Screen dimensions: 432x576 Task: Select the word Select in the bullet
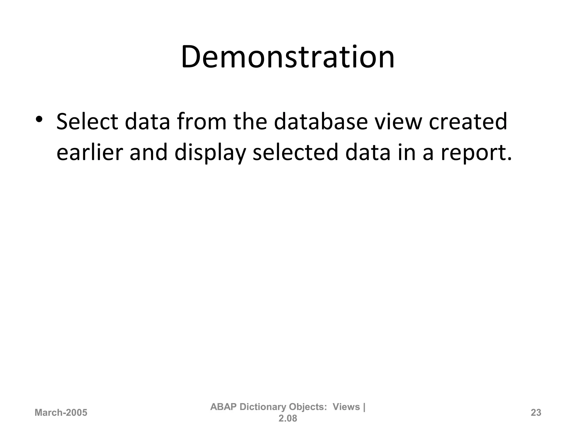(x=87, y=122)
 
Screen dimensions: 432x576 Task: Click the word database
(x=321, y=122)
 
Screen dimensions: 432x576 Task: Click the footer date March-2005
(x=61, y=413)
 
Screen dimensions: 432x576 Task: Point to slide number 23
(x=536, y=413)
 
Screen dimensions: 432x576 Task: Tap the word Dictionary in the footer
(x=263, y=407)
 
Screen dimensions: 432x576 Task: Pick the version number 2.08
(x=288, y=418)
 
